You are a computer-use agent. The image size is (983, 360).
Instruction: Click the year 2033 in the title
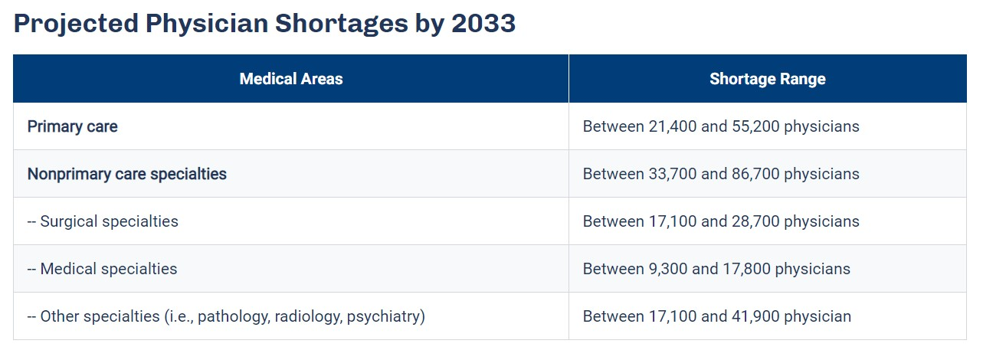coord(483,24)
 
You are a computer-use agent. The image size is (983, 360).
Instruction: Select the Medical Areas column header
coord(291,79)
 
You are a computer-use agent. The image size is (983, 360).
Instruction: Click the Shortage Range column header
coord(768,79)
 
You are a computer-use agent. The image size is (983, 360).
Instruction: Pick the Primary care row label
coord(73,126)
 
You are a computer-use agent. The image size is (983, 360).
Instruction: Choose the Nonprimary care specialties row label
coord(127,174)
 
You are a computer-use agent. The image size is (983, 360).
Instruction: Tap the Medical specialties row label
coord(108,269)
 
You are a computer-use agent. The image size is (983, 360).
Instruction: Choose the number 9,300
coord(667,269)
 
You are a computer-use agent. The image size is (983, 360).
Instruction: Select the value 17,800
coord(748,269)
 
